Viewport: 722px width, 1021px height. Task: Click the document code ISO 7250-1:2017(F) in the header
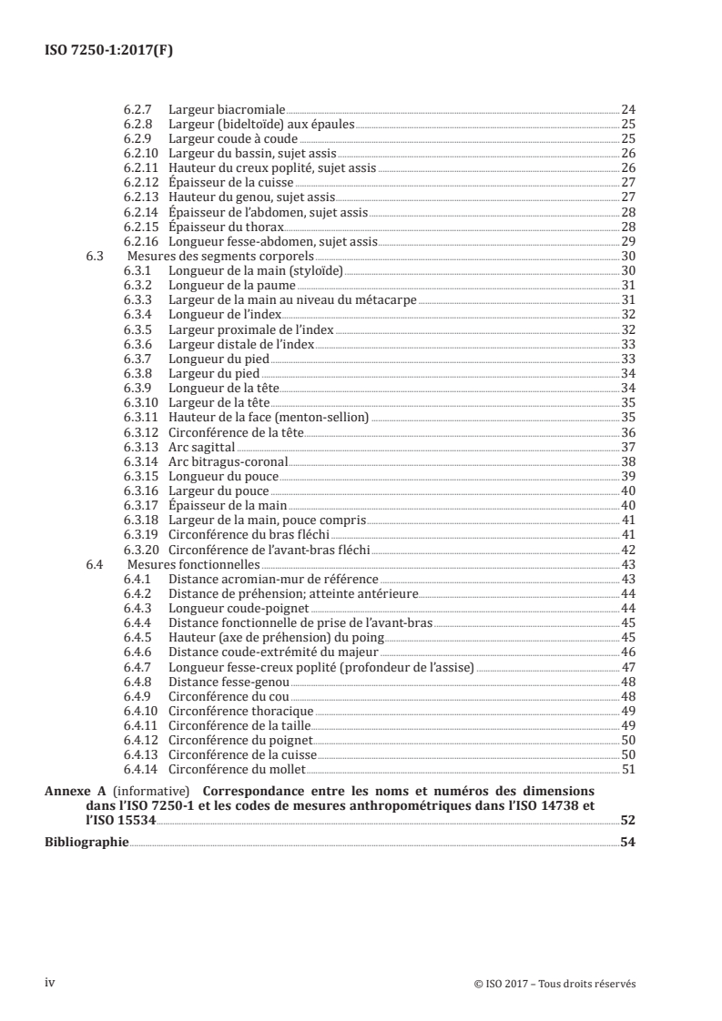click(108, 51)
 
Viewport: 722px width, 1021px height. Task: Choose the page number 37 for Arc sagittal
click(627, 446)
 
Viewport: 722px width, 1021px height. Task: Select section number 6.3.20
click(141, 549)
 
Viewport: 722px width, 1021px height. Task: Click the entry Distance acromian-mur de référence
click(273, 579)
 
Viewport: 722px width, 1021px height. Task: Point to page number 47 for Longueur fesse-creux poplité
click(627, 667)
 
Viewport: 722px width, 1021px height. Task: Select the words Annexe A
click(72, 791)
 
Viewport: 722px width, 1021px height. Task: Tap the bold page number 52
click(627, 820)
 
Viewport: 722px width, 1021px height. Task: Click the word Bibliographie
click(86, 842)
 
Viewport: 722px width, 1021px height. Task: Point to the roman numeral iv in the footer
click(51, 982)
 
